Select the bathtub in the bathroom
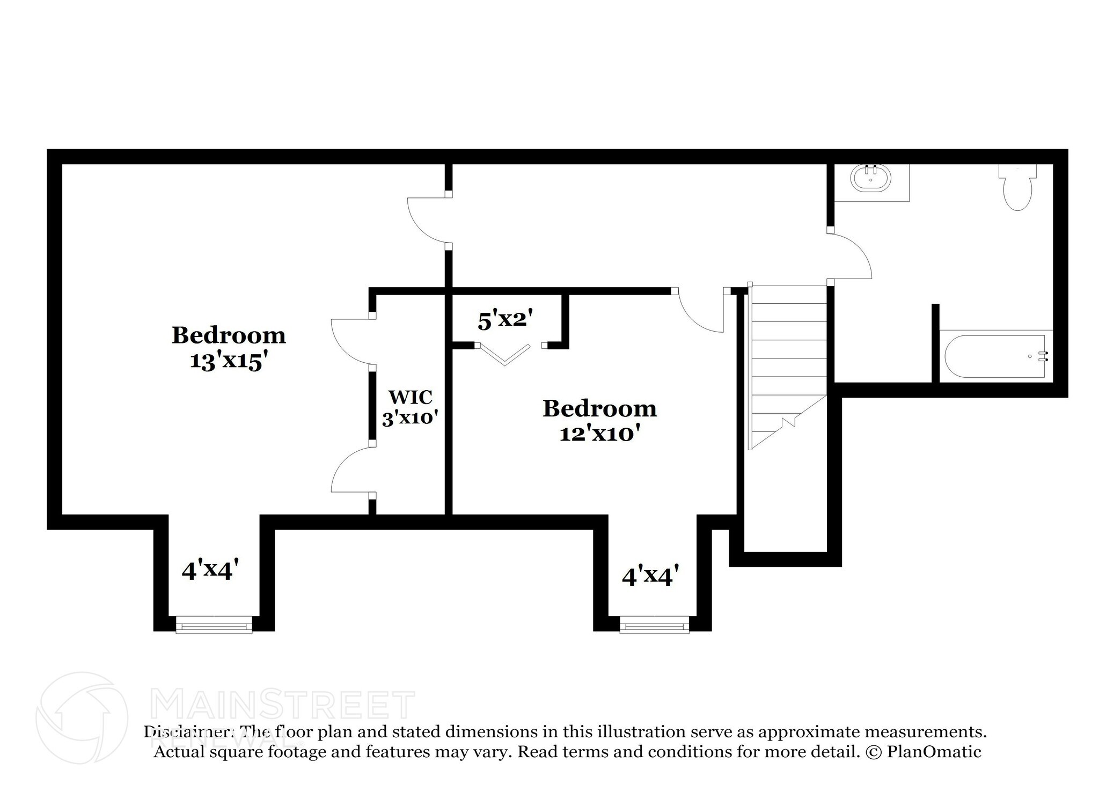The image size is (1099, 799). (x=995, y=356)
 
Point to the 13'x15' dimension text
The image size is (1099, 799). (x=229, y=361)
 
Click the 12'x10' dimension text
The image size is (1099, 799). (x=599, y=433)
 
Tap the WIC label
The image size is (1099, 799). (x=411, y=397)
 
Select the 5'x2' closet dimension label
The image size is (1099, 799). (x=505, y=320)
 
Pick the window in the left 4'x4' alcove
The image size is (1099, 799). (x=214, y=625)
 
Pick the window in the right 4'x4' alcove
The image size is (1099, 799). (x=654, y=625)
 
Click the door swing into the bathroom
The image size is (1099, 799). (x=851, y=256)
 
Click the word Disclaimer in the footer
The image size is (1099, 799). (x=188, y=732)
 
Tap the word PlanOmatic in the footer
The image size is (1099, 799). (x=934, y=752)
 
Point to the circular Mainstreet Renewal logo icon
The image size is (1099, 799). (x=82, y=717)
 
